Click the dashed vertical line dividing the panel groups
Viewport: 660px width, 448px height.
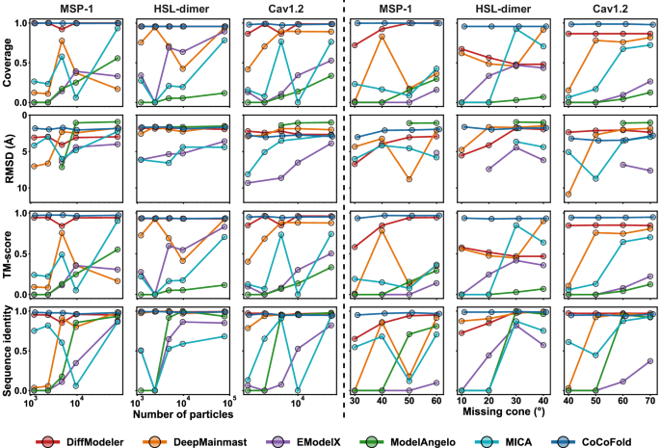[x=345, y=193]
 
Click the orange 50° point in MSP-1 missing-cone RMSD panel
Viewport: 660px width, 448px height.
[x=411, y=180]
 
